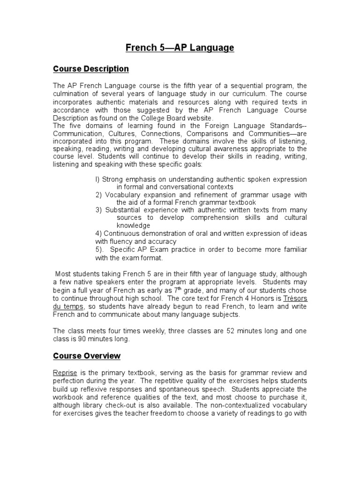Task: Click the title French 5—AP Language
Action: click(180, 48)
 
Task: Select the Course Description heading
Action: click(90, 69)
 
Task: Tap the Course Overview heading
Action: click(87, 356)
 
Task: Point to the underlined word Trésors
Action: click(295, 298)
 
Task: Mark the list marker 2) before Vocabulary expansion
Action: click(98, 195)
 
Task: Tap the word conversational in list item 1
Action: click(176, 187)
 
